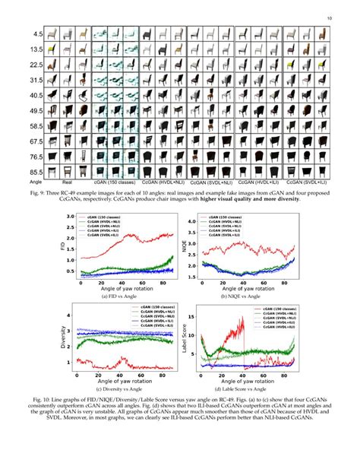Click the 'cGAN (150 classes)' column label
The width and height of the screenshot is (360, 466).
tap(112, 183)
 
